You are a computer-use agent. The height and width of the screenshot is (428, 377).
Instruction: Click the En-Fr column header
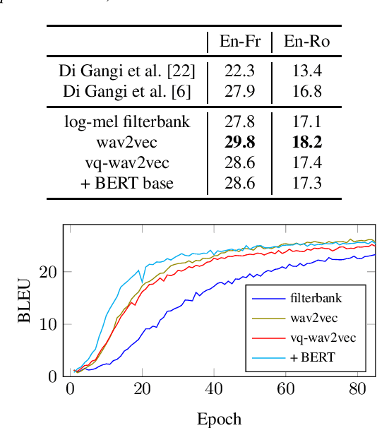(x=240, y=42)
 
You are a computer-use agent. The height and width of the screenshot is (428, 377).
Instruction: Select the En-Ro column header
(x=307, y=42)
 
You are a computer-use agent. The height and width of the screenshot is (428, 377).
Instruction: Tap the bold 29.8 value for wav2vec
(x=240, y=143)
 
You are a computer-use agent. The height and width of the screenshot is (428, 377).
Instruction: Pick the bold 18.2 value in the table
(x=307, y=143)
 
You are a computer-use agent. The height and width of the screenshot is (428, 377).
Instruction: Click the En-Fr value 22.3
(x=240, y=71)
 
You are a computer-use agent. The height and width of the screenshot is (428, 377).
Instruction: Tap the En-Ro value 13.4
(x=307, y=71)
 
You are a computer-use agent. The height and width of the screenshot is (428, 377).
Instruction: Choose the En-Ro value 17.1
(x=307, y=122)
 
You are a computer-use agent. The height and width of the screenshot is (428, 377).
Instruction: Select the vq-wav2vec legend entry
(x=322, y=338)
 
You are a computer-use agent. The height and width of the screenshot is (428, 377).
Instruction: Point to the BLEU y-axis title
(x=25, y=300)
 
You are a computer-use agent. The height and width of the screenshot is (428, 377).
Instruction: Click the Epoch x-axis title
(x=219, y=419)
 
